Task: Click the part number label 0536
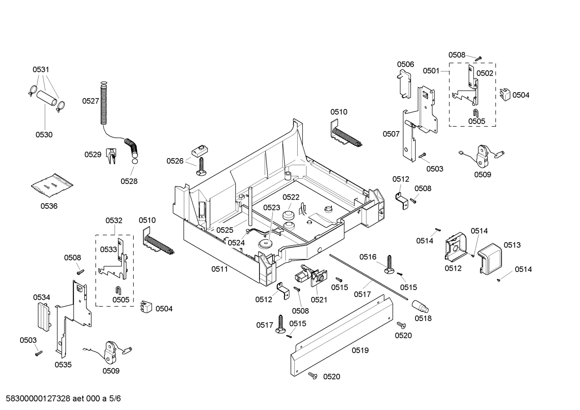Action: tap(49, 206)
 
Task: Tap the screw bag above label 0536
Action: tap(52, 185)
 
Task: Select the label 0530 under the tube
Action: tap(44, 135)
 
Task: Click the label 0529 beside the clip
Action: tap(93, 155)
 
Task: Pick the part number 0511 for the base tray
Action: tap(220, 269)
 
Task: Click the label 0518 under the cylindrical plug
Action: tap(423, 318)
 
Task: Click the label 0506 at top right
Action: tap(405, 64)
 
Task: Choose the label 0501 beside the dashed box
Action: tap(431, 71)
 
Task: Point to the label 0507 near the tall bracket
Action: tap(391, 134)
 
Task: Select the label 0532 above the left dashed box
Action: tap(114, 220)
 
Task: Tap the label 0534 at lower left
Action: tap(41, 297)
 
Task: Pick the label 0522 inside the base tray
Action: tap(290, 197)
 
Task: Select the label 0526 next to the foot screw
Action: tap(175, 161)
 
